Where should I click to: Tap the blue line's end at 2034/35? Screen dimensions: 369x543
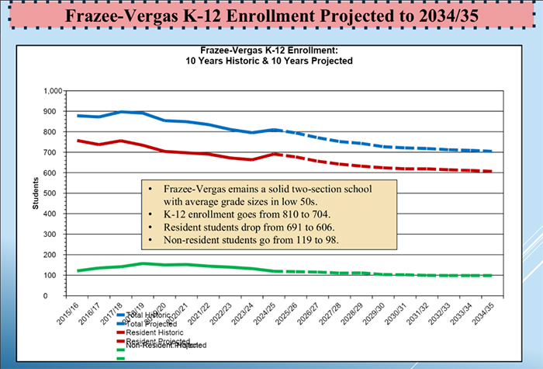pyautogui.click(x=491, y=151)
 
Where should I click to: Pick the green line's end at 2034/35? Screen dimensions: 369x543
pyautogui.click(x=491, y=276)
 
